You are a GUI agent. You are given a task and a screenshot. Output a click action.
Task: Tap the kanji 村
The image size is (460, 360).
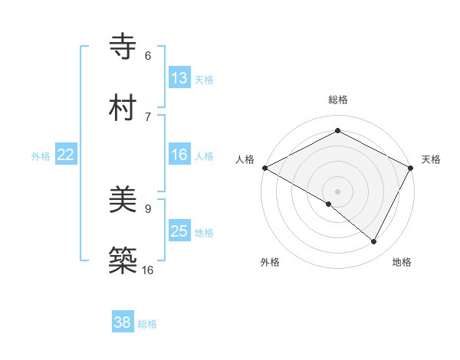tap(124, 107)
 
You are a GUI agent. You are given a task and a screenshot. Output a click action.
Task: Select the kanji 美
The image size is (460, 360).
tap(124, 201)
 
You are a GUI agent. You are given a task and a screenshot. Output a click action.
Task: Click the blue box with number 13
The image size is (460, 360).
tap(179, 78)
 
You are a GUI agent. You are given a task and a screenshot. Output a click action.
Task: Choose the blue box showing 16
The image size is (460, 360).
tap(179, 155)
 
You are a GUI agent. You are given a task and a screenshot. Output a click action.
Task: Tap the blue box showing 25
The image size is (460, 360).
tap(179, 231)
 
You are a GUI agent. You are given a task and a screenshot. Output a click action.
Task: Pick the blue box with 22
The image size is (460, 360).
tap(66, 155)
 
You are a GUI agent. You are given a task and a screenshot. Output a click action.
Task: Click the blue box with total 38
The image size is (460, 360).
tap(123, 322)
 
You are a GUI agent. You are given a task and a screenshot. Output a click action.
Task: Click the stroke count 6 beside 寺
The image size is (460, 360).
tap(148, 56)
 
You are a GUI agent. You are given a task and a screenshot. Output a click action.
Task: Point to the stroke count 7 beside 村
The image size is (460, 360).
tap(148, 116)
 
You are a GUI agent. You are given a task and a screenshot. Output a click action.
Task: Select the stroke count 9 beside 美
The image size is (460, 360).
tap(148, 208)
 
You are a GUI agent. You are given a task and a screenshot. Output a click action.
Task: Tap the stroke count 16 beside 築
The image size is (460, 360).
tap(148, 270)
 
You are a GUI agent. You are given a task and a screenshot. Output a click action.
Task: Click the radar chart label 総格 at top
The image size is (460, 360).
tap(338, 100)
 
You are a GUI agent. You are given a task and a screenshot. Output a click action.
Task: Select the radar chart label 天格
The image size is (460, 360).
tap(431, 159)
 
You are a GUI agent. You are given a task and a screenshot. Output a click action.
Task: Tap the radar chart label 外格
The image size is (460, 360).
tap(270, 262)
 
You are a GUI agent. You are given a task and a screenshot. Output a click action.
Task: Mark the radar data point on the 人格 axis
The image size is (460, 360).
tap(264, 168)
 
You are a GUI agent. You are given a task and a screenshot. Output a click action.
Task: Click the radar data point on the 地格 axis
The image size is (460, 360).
tap(374, 241)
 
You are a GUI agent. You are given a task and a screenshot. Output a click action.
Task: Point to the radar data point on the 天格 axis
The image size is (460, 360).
tap(412, 168)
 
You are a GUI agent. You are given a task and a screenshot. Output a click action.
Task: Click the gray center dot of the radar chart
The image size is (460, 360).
tap(338, 191)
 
